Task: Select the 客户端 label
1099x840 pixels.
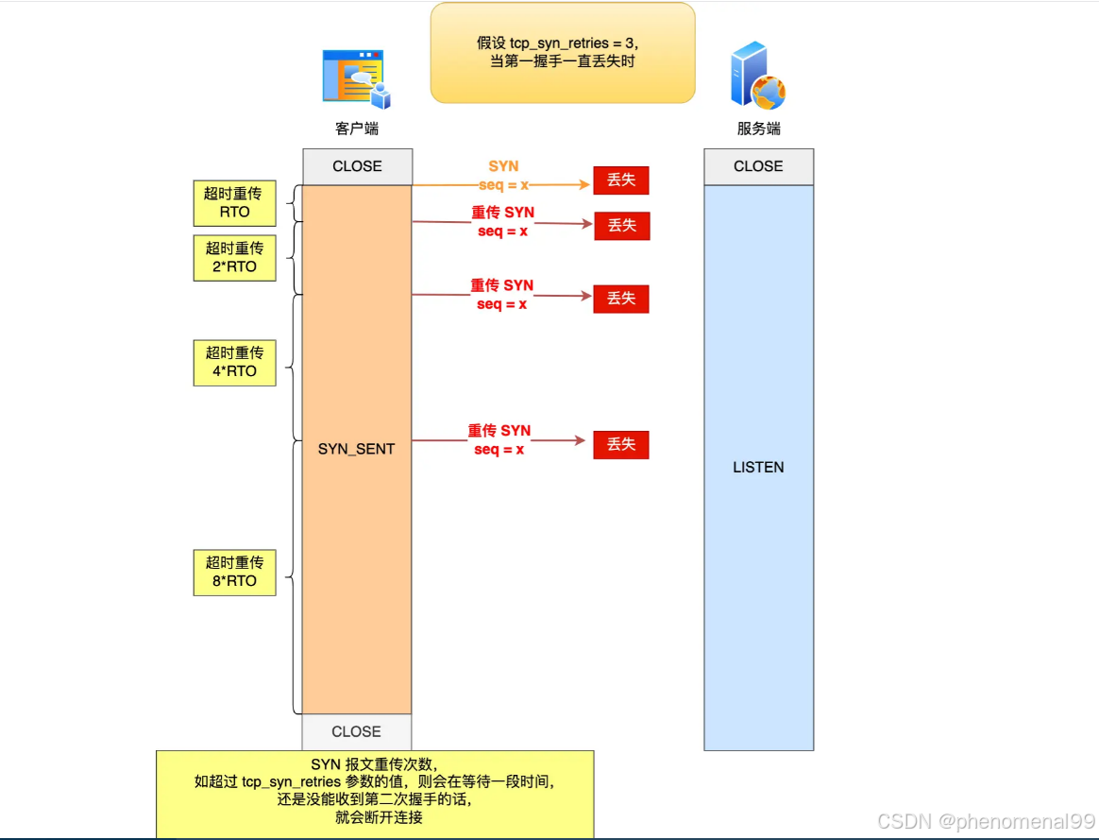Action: pos(357,129)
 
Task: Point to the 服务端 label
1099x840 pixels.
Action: pos(758,129)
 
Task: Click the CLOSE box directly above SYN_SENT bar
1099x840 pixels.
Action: pos(357,166)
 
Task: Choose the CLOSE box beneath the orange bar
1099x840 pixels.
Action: pos(357,731)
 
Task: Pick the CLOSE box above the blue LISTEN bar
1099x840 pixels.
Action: pos(758,166)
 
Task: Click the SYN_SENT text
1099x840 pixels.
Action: pos(356,449)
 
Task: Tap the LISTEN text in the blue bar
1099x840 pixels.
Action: pos(758,467)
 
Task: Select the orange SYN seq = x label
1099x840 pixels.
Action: pos(503,176)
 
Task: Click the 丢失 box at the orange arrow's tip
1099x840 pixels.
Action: pos(621,180)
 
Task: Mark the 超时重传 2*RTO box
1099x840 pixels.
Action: pos(234,258)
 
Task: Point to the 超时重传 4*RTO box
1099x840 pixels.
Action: pos(234,362)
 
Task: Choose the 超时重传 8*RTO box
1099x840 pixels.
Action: pos(234,572)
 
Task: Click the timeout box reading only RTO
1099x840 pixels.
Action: pos(234,202)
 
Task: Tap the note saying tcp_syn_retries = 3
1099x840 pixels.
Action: pos(563,53)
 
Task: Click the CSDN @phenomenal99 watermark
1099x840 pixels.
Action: pos(986,821)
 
